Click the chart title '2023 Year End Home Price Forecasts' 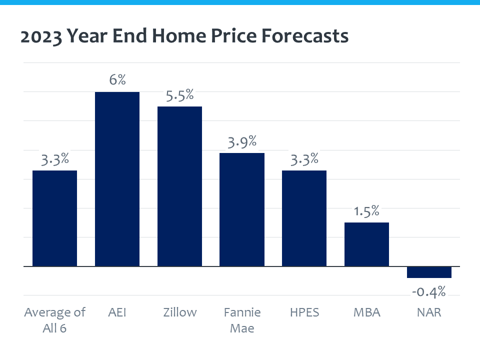pyautogui.click(x=184, y=36)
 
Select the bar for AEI pyautogui.click(x=117, y=178)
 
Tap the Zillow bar pyautogui.click(x=179, y=186)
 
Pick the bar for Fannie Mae pyautogui.click(x=242, y=209)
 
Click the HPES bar pyautogui.click(x=304, y=218)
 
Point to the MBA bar pyautogui.click(x=366, y=244)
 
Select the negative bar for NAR pyautogui.click(x=429, y=272)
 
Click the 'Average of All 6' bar pyautogui.click(x=54, y=218)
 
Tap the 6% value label pyautogui.click(x=117, y=80)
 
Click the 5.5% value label pyautogui.click(x=179, y=95)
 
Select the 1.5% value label pyautogui.click(x=366, y=211)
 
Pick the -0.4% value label pyautogui.click(x=429, y=291)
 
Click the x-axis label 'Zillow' pyautogui.click(x=179, y=312)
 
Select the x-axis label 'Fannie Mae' pyautogui.click(x=242, y=320)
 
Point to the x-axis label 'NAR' pyautogui.click(x=429, y=312)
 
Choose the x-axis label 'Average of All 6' pyautogui.click(x=54, y=320)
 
